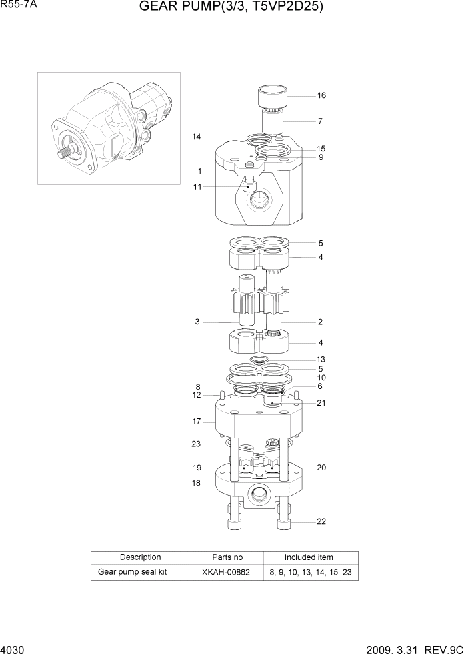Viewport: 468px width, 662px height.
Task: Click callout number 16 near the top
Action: [x=321, y=96]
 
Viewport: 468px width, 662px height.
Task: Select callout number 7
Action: [x=320, y=121]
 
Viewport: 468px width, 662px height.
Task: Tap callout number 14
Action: [x=197, y=137]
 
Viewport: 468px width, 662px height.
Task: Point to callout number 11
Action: [x=197, y=186]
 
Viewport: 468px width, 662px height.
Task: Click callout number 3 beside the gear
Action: [x=197, y=322]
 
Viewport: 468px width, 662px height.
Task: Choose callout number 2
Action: [x=320, y=322]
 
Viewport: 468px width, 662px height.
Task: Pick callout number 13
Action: [x=321, y=360]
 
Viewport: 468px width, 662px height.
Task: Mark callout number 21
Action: [x=321, y=403]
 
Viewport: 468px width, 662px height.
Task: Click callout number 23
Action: [x=196, y=444]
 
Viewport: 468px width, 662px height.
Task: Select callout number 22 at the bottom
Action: [x=321, y=522]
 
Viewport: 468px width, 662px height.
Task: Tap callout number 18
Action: [x=197, y=482]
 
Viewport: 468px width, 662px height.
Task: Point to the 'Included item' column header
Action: [x=309, y=557]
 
